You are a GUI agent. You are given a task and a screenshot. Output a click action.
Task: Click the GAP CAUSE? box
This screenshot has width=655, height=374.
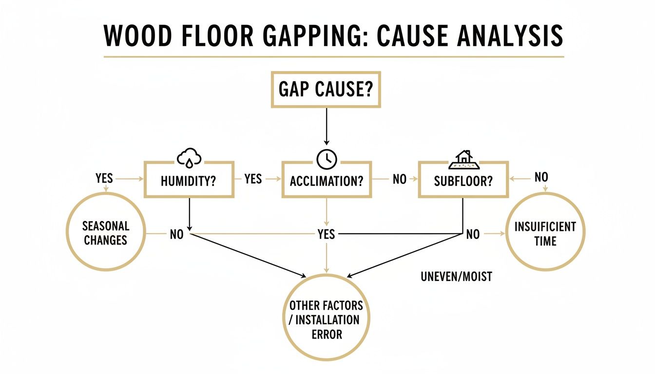326,91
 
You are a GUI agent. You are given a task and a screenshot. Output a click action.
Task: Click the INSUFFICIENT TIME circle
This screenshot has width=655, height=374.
545,233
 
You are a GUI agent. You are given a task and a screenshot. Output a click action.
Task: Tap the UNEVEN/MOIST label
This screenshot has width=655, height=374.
456,277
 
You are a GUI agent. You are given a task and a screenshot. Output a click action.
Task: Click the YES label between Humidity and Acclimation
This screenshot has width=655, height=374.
253,179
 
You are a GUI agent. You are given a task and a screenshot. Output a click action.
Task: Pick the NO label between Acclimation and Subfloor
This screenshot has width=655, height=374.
399,179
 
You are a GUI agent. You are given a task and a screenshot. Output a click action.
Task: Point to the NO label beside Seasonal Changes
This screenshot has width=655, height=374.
176,234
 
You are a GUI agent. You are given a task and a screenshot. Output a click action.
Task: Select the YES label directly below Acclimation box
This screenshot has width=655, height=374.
326,234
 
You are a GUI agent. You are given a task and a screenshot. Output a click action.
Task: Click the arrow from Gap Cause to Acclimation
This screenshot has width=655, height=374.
326,127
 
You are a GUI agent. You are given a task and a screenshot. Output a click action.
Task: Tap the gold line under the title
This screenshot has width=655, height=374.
334,57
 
